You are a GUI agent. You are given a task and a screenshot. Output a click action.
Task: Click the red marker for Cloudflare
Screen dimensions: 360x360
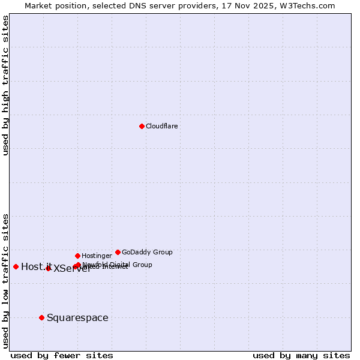[x=142, y=126]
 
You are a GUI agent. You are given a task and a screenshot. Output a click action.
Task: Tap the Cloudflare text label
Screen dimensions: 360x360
[x=162, y=127]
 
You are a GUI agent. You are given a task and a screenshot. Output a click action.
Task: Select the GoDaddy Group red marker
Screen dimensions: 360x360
[x=118, y=252]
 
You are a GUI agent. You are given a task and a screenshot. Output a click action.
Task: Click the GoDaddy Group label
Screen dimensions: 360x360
[x=147, y=253]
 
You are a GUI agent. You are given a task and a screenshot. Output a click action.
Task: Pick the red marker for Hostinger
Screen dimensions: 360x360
[x=77, y=256]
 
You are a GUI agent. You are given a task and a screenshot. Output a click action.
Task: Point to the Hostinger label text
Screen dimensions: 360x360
[x=97, y=256]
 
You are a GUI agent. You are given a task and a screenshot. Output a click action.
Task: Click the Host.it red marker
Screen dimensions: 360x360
[x=16, y=266]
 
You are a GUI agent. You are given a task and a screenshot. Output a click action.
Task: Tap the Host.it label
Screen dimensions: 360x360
[x=36, y=267]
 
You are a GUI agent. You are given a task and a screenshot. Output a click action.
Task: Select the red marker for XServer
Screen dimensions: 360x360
[x=48, y=268]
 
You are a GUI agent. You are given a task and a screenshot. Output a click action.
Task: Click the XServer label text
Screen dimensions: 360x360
[x=73, y=269]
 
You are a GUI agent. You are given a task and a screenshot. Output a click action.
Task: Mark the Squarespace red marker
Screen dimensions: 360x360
[x=41, y=317]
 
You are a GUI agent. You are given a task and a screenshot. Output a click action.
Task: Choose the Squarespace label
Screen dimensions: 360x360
[x=77, y=318]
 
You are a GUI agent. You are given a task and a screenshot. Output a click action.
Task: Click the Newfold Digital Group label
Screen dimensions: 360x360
[x=118, y=265]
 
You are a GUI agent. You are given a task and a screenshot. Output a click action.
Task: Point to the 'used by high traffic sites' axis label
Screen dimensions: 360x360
[x=6, y=85]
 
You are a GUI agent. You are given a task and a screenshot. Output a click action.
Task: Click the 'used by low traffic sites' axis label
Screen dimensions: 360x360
[x=6, y=281]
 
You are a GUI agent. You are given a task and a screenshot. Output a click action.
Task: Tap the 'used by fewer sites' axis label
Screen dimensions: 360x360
[x=62, y=356]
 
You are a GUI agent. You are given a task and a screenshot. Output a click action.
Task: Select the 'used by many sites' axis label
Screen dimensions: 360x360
[x=301, y=356]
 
